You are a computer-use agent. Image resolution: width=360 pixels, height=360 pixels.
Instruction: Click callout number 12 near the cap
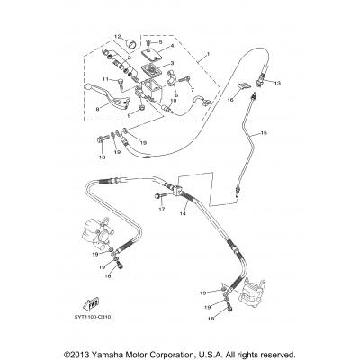pos(117,37)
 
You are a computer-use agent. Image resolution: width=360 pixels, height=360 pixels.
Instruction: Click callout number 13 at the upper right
pos(275,83)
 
